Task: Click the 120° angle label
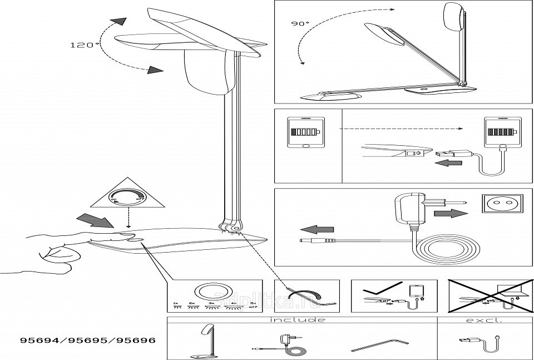(x=85, y=46)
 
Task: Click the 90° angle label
(x=300, y=24)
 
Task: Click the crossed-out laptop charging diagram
(x=483, y=295)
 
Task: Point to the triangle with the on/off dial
(x=128, y=196)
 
